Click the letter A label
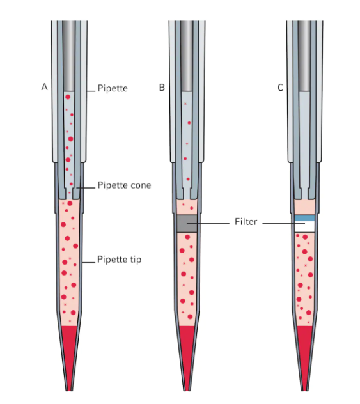(44, 87)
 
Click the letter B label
(162, 88)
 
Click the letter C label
(280, 88)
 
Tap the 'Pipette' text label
(113, 88)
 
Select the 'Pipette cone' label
(124, 185)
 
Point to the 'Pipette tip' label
(120, 259)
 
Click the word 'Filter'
(246, 222)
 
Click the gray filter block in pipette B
(187, 224)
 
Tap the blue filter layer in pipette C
(304, 218)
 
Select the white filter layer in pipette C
(304, 227)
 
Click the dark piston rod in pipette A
(69, 56)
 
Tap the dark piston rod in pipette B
(187, 56)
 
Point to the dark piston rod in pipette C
(304, 56)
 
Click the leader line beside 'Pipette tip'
(89, 263)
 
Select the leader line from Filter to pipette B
(208, 223)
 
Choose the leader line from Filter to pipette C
(284, 223)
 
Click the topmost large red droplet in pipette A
(68, 97)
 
